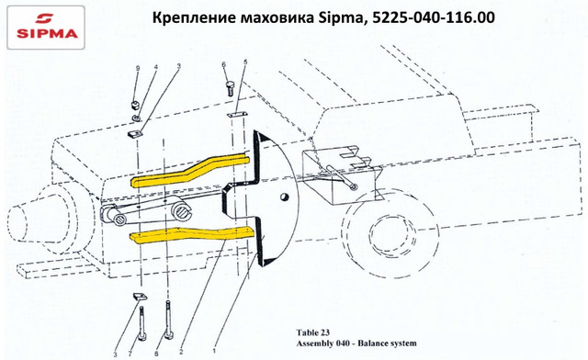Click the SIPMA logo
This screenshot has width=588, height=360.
(46, 28)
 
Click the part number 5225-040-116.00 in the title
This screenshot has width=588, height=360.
(434, 17)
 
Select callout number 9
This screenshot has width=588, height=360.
(138, 68)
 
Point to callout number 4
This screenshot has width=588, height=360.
(155, 67)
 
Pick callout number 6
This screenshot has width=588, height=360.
(224, 64)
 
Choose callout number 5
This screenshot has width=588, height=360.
(245, 62)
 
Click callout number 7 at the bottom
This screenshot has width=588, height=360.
(130, 354)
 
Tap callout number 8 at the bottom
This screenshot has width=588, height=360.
(156, 354)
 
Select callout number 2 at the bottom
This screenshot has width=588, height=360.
(181, 352)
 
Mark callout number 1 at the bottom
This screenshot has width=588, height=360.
(214, 351)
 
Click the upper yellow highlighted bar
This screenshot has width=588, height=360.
(189, 170)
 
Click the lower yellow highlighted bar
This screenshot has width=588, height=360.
(192, 234)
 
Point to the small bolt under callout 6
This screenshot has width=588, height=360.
(231, 88)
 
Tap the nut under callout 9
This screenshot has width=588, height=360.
(135, 105)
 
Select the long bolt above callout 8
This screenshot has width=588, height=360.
(168, 319)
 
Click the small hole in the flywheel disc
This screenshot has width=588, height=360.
(285, 197)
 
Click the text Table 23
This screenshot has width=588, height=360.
(312, 332)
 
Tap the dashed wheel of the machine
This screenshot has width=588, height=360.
(390, 235)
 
